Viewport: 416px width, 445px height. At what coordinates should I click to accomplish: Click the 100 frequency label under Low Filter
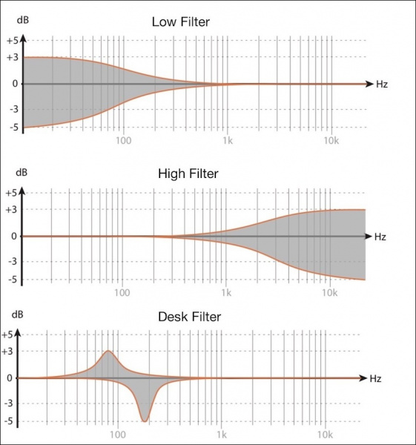pyautogui.click(x=123, y=140)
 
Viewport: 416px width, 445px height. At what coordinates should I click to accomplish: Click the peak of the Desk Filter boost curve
pyautogui.click(x=108, y=351)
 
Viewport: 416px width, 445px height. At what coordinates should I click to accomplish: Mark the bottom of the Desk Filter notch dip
pyautogui.click(x=144, y=421)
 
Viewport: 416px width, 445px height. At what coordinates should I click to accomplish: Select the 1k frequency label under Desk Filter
pyautogui.click(x=222, y=434)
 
